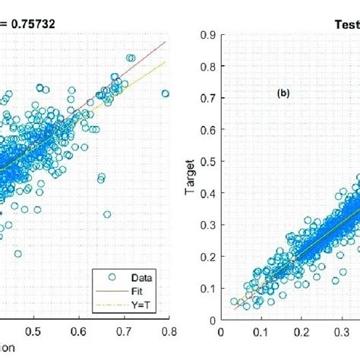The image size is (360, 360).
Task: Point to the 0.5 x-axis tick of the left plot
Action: [x=33, y=331]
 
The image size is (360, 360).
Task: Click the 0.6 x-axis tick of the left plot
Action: [x=79, y=331]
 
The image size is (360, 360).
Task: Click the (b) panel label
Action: [x=284, y=94]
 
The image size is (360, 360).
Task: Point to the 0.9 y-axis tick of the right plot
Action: [x=205, y=33]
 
